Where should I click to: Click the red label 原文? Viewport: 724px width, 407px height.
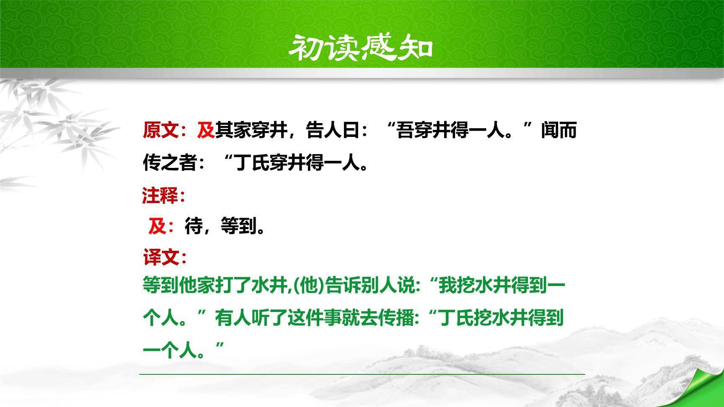point(161,130)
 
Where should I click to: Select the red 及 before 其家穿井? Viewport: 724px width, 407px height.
point(206,130)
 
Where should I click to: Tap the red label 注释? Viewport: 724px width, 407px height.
point(160,196)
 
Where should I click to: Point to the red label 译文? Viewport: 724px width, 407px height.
point(161,257)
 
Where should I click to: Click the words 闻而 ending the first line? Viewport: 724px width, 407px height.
point(559,130)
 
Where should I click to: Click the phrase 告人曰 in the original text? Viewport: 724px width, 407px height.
point(333,130)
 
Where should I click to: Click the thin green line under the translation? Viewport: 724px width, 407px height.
point(362,374)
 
